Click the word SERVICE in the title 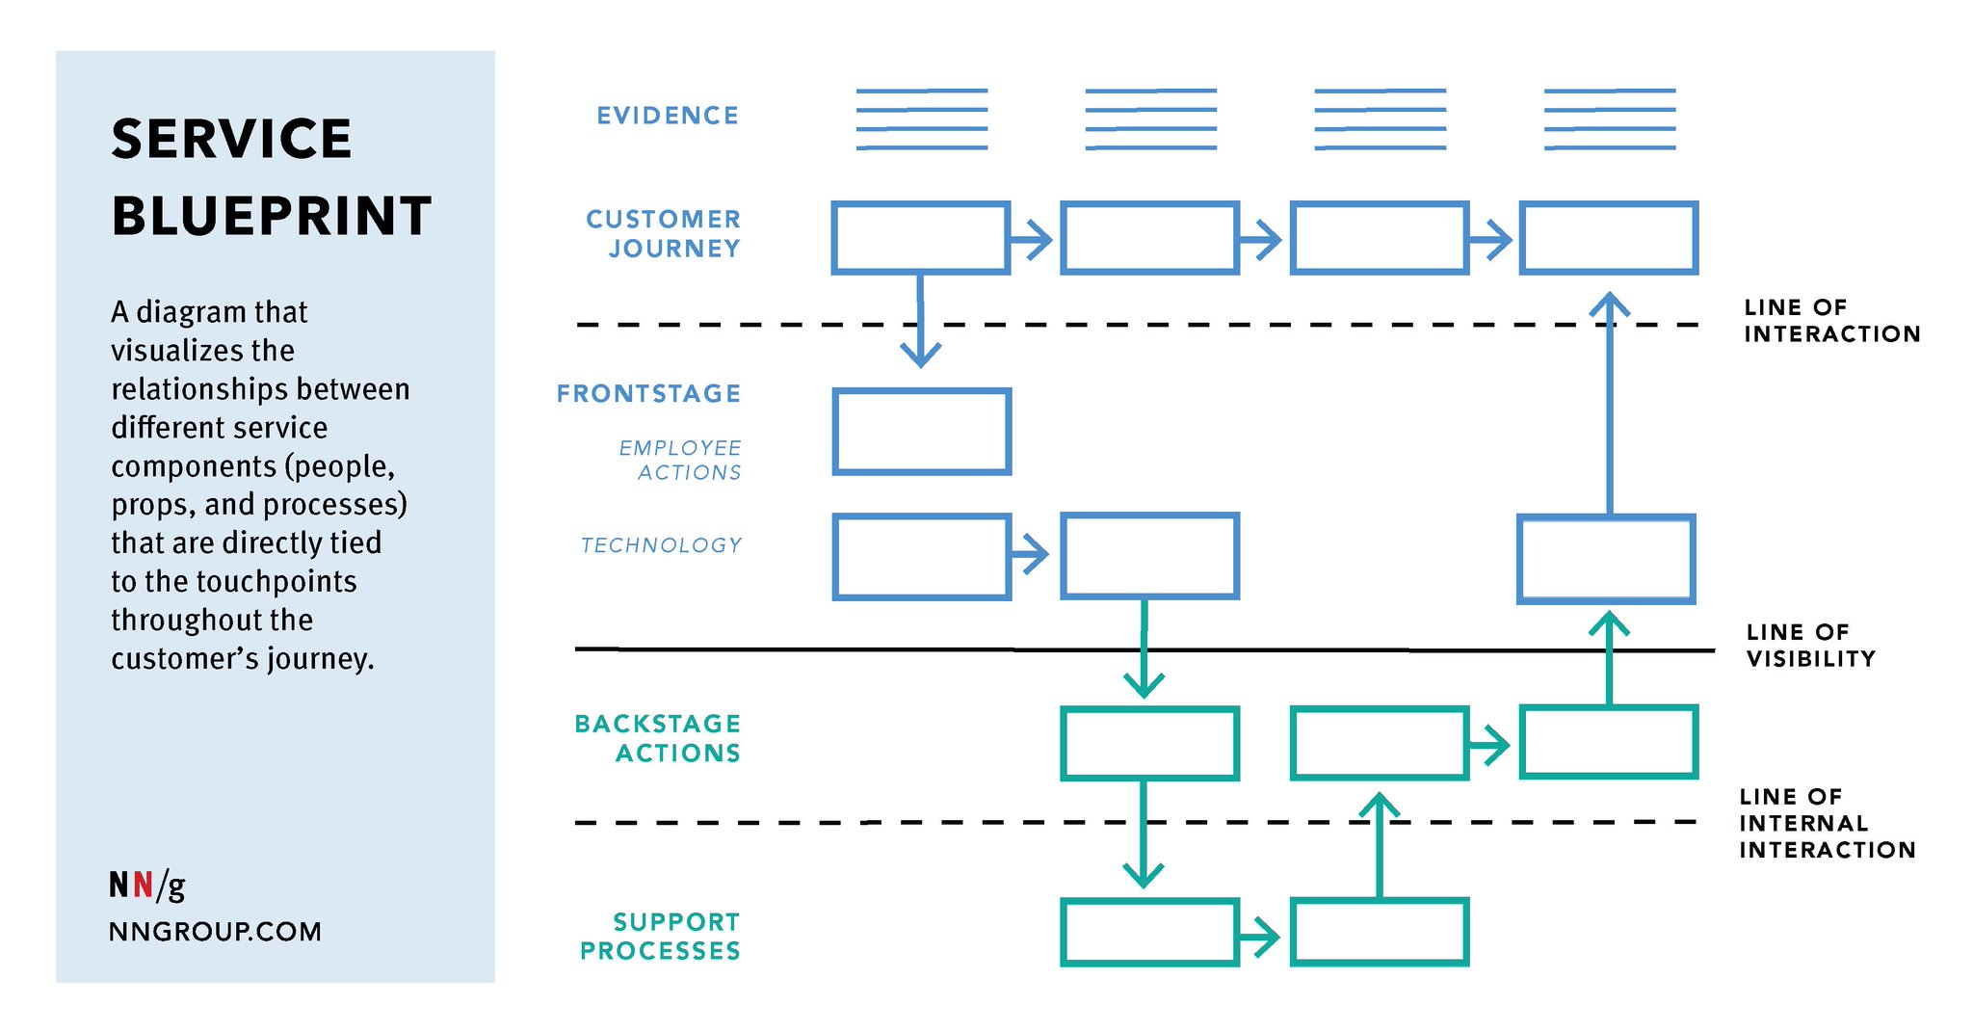(231, 139)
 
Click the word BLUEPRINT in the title (272, 216)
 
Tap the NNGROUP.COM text (215, 932)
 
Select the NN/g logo (146, 885)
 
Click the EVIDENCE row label (668, 116)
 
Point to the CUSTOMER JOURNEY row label (664, 233)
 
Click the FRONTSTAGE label (648, 393)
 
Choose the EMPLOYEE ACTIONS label (680, 460)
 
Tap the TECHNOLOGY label (661, 545)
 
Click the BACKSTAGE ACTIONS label (658, 738)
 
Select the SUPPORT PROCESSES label (660, 937)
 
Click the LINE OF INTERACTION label (1832, 321)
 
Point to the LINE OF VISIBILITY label (1811, 646)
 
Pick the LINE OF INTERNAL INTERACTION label (1828, 823)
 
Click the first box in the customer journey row (921, 203)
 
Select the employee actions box (922, 390)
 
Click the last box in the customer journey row (1609, 203)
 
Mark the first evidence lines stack (922, 119)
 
